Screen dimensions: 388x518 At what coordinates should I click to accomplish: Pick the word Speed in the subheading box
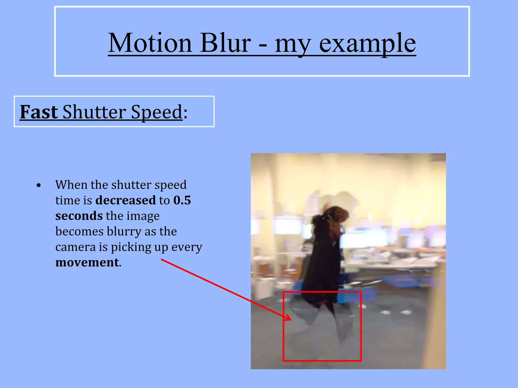pos(157,112)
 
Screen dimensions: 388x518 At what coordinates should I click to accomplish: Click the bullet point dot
pos(38,186)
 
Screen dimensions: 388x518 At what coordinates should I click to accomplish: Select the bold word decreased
pos(125,200)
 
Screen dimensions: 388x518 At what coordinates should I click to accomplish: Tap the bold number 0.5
pos(182,200)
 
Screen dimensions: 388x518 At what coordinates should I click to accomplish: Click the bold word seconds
pos(79,216)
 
